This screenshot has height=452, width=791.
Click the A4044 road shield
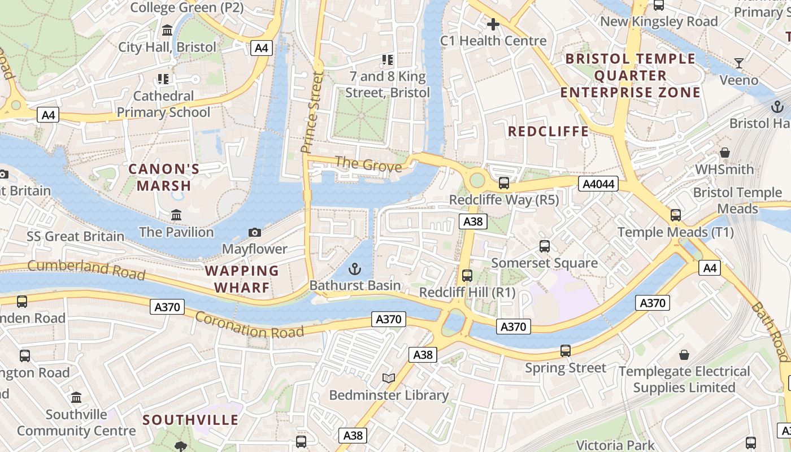[598, 184]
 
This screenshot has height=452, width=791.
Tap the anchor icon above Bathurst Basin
[355, 268]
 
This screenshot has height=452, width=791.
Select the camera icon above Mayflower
[255, 232]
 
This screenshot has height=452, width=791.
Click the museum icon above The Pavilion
[176, 215]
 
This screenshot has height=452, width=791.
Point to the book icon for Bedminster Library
[388, 378]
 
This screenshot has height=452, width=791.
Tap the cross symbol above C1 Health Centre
[493, 24]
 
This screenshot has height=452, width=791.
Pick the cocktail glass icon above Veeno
[738, 63]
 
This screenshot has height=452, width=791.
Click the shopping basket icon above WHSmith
[725, 153]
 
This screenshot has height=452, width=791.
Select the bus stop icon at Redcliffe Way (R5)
[503, 183]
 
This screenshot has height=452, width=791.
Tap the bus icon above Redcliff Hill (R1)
[467, 276]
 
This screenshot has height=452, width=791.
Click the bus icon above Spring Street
[566, 351]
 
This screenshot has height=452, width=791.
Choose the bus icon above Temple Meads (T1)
[675, 215]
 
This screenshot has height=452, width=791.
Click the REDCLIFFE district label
[548, 132]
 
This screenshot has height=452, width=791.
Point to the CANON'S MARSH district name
[164, 177]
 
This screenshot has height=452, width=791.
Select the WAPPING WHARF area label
[242, 279]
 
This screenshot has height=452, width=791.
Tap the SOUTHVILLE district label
[190, 420]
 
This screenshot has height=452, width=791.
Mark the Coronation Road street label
[250, 324]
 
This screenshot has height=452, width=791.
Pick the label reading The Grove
[368, 164]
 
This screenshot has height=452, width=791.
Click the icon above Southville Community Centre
[76, 397]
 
